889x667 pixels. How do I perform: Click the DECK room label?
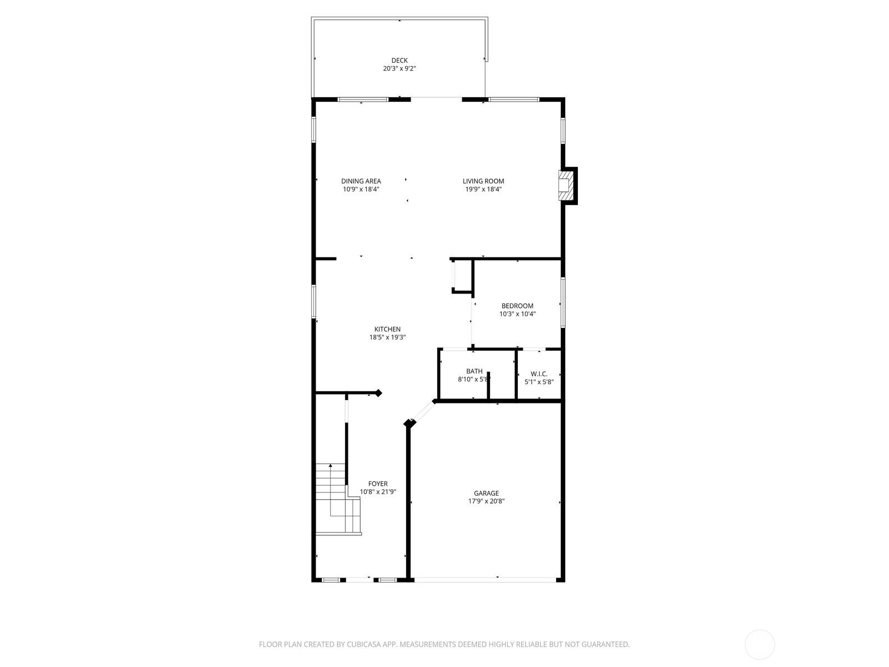click(399, 61)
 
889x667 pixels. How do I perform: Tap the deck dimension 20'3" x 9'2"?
click(399, 68)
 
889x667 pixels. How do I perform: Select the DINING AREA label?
click(361, 181)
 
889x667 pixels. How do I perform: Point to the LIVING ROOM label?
click(483, 181)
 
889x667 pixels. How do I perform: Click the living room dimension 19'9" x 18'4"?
click(483, 189)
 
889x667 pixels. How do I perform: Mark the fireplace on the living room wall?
click(568, 186)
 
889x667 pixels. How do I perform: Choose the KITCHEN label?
click(387, 329)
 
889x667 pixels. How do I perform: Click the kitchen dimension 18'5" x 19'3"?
click(387, 337)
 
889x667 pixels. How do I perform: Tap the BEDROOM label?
click(517, 306)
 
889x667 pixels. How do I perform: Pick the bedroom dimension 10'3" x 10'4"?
click(517, 314)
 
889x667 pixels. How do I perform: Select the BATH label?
click(475, 371)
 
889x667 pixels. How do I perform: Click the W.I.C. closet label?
click(539, 374)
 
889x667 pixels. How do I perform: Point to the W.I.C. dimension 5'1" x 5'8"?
click(539, 382)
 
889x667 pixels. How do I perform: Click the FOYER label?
click(378, 484)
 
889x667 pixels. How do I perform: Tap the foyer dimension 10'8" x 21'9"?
click(378, 492)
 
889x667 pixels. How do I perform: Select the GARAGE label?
click(486, 493)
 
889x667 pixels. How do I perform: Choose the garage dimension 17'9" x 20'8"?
click(486, 501)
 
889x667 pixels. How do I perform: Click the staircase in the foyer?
click(338, 499)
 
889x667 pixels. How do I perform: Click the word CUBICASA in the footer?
click(364, 644)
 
